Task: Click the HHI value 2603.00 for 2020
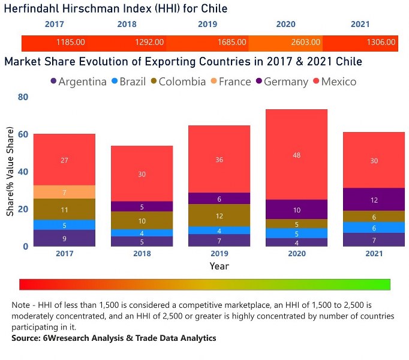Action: [306, 43]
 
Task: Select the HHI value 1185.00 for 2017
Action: [70, 43]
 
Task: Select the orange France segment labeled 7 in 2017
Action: [64, 192]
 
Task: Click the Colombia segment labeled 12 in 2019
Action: [219, 215]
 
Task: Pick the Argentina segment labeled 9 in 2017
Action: [64, 238]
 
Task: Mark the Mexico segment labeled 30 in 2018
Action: [142, 173]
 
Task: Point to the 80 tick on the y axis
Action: [23, 97]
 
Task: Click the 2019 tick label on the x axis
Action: [219, 253]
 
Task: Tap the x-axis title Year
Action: [219, 266]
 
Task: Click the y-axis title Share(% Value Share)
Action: [10, 187]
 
